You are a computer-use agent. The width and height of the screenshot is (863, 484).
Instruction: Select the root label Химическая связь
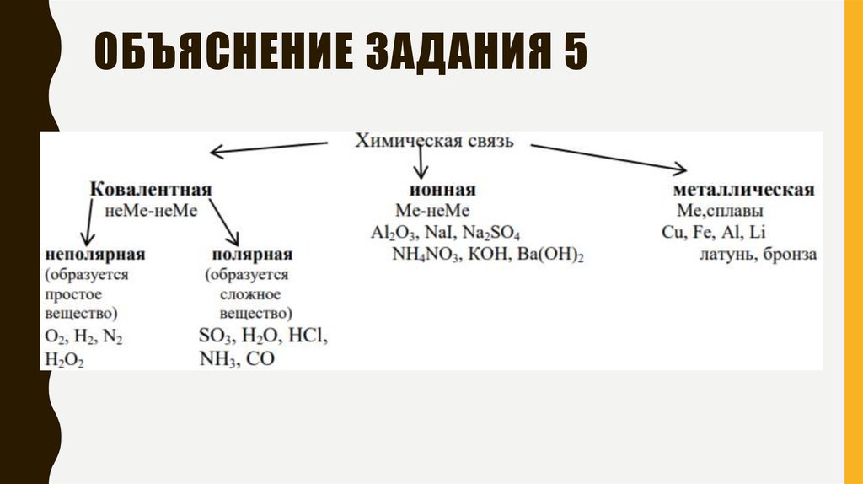(433, 141)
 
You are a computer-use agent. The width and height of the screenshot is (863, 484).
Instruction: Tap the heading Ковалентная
(151, 189)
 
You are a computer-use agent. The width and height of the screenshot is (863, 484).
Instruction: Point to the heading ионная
(440, 189)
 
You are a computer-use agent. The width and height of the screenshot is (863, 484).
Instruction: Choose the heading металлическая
(743, 189)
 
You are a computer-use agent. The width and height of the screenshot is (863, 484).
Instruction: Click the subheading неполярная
(95, 254)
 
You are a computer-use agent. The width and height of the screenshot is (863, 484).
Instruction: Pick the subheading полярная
(252, 254)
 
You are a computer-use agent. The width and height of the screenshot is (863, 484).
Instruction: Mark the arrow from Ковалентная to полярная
(224, 223)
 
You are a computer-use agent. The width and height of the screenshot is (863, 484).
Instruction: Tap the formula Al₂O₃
(389, 234)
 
